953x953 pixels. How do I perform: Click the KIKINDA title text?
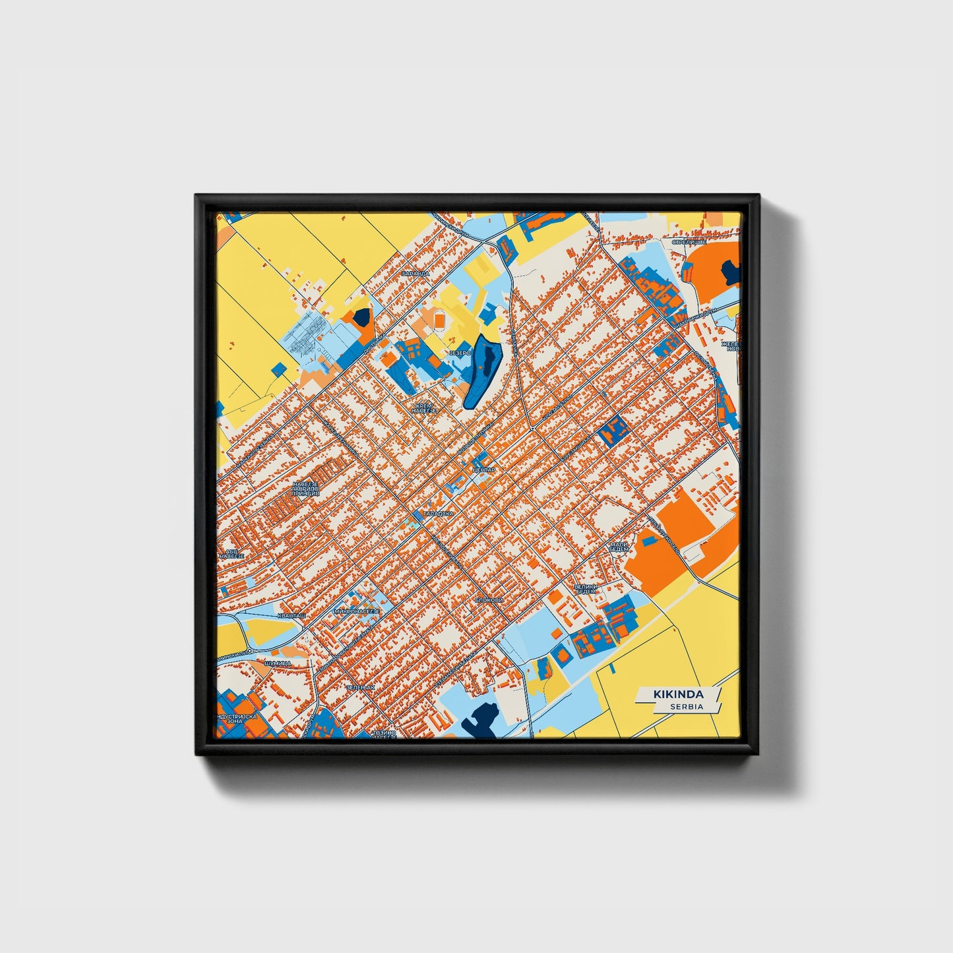point(678,694)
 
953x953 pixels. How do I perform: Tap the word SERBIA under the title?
point(687,706)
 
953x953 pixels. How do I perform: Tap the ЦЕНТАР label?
point(483,470)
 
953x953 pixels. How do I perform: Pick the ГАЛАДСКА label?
point(439,512)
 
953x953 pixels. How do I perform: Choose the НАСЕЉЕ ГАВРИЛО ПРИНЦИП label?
point(305,489)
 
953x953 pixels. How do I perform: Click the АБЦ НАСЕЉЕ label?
point(231,553)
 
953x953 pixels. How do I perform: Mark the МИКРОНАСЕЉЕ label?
point(357,611)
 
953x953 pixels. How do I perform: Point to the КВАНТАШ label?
point(292,615)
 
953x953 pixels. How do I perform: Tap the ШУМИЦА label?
point(277,662)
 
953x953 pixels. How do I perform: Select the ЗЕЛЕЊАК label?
point(360,687)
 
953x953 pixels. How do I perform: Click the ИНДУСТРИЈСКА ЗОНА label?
point(235,718)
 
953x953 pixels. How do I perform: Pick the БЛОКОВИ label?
point(489,600)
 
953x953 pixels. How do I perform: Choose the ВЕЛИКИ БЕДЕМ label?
point(585,589)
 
